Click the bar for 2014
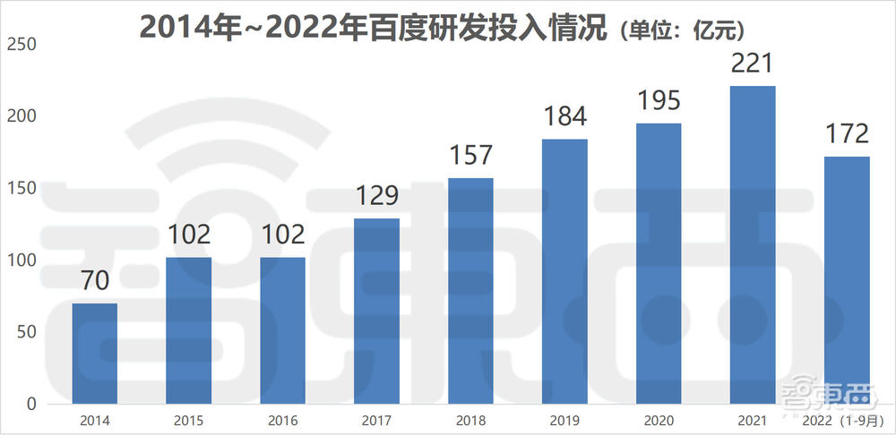[94, 354]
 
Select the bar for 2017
[376, 311]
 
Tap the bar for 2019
[564, 271]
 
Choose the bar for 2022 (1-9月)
[847, 280]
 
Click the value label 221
[753, 64]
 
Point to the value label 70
[94, 281]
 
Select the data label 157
[470, 155]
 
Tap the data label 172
[847, 134]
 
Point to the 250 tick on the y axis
[18, 44]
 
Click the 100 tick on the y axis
[18, 260]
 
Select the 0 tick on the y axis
[30, 405]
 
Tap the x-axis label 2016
[282, 419]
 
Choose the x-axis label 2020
[659, 419]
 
